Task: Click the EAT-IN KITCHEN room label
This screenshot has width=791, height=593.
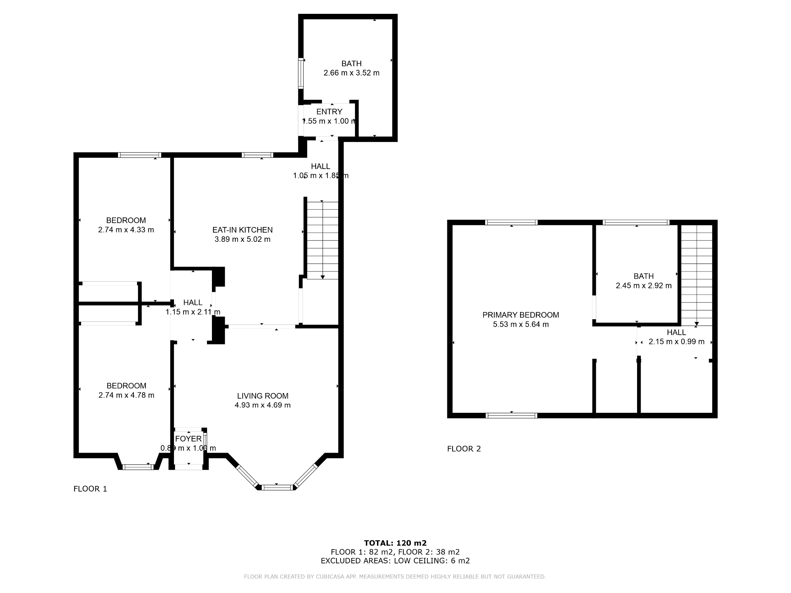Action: (x=243, y=230)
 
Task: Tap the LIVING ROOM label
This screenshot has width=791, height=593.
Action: (x=262, y=396)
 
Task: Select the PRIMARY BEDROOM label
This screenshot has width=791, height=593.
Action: (x=521, y=315)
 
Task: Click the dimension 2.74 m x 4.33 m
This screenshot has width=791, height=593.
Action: (x=126, y=230)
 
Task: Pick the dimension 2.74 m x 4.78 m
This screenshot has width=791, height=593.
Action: (x=126, y=395)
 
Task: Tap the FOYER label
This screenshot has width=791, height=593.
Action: (x=189, y=438)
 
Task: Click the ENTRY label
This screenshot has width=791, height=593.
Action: (x=329, y=112)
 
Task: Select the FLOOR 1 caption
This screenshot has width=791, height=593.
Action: (x=90, y=489)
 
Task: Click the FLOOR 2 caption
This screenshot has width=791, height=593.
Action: (x=464, y=449)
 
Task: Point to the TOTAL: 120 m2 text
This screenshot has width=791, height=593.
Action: (x=395, y=543)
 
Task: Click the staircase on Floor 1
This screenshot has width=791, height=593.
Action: (x=323, y=240)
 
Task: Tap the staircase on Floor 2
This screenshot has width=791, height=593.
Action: (x=697, y=275)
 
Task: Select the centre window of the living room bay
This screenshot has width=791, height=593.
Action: (x=277, y=487)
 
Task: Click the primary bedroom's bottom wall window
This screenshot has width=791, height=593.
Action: (x=512, y=415)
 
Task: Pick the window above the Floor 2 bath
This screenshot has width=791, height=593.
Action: (x=636, y=222)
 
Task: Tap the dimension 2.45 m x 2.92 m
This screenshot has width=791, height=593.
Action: (x=644, y=286)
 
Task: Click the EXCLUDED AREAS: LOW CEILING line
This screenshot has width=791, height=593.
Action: (x=395, y=560)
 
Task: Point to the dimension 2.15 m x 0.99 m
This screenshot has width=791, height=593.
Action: (x=677, y=342)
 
